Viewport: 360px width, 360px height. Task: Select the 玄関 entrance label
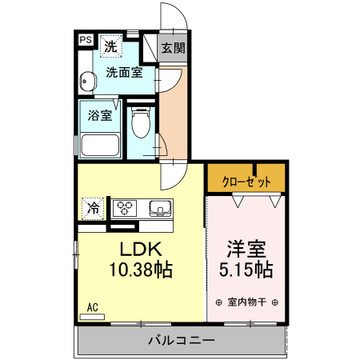click(x=172, y=47)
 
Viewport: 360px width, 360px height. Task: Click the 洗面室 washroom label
click(x=123, y=73)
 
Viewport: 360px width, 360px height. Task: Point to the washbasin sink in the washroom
click(x=88, y=80)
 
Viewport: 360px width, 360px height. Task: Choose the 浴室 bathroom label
click(x=99, y=114)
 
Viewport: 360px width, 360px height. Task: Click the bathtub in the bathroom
click(x=98, y=146)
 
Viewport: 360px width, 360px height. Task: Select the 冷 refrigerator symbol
click(x=93, y=209)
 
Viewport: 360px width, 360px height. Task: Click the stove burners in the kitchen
click(x=125, y=209)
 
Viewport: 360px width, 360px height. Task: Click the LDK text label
click(x=141, y=248)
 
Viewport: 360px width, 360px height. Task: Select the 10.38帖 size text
click(x=141, y=270)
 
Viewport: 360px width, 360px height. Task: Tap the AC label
click(x=92, y=306)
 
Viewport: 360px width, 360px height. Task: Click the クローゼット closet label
click(x=246, y=182)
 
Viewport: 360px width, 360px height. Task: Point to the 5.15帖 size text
click(x=246, y=270)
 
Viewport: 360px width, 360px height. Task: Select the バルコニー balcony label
click(x=181, y=341)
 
